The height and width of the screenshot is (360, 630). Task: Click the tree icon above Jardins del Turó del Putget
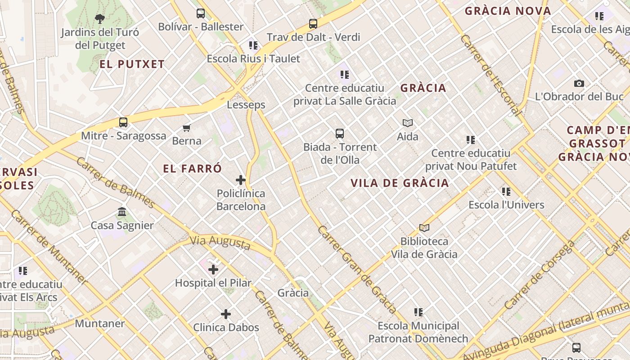100,19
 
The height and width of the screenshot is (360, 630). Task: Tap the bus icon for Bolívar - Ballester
201,13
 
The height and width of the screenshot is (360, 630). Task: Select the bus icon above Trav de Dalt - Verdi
313,24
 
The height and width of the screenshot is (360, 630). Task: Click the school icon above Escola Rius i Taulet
253,45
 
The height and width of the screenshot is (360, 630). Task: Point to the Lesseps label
246,105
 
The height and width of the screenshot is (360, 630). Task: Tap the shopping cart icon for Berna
187,128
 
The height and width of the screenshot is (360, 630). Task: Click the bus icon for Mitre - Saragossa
123,122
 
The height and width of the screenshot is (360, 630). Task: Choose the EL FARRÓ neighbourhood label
193,169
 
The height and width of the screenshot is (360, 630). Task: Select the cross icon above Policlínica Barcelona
241,180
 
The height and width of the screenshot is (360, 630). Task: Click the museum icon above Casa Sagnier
122,212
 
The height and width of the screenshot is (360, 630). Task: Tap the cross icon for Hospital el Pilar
213,270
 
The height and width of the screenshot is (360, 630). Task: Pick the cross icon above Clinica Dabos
226,314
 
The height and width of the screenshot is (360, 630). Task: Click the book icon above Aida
408,123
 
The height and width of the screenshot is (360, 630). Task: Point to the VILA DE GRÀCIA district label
400,183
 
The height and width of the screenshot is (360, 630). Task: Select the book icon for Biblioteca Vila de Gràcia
424,228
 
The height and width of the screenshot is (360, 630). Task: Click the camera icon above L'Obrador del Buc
579,83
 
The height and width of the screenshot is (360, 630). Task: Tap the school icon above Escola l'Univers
506,192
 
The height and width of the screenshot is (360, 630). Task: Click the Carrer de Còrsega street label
540,275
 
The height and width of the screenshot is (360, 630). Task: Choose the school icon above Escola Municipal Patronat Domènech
418,312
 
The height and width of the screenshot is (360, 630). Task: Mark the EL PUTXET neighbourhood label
132,64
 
